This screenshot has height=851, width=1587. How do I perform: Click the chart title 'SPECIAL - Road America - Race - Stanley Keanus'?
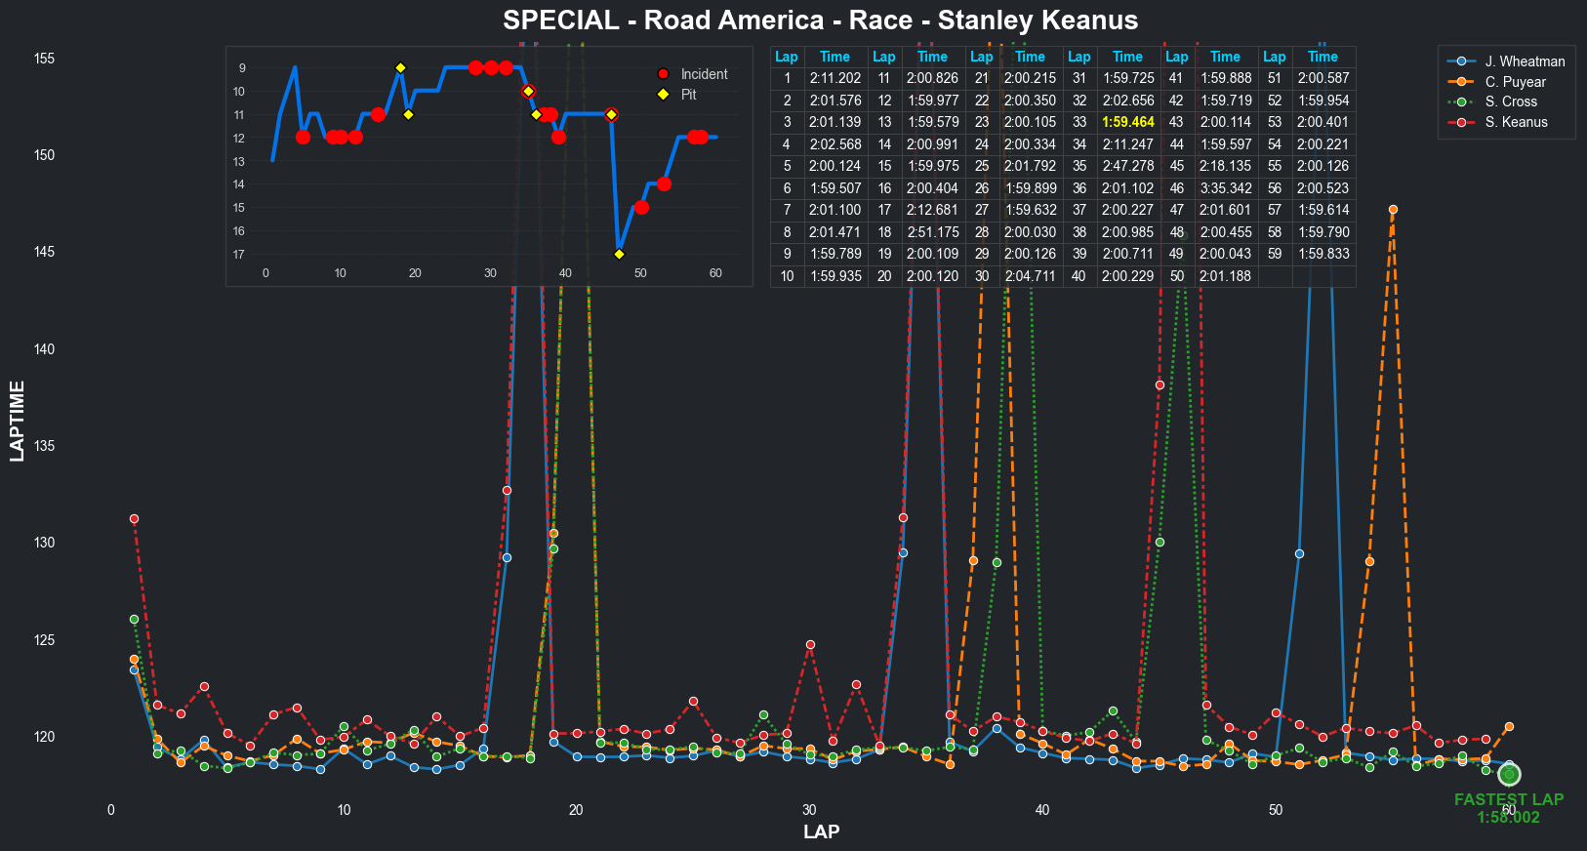point(820,20)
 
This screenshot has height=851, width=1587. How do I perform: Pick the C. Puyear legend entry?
point(1515,82)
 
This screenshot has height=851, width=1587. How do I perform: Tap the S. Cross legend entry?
point(1511,101)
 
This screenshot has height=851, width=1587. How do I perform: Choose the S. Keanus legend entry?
point(1516,122)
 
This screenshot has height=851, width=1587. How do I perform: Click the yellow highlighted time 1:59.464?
point(1127,122)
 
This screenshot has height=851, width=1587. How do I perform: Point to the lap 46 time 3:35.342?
point(1225,188)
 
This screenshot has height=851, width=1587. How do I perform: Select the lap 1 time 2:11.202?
point(834,78)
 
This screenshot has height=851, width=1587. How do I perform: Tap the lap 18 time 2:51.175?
point(932,232)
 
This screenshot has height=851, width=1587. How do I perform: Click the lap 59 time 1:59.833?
point(1322,254)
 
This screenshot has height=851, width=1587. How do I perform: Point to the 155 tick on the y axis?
point(44,59)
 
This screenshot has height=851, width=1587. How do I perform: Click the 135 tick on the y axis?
point(44,446)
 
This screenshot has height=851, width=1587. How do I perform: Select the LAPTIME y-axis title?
point(17,421)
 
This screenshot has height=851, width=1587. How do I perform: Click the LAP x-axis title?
point(821,831)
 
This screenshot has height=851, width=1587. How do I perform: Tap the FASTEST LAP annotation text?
point(1508,799)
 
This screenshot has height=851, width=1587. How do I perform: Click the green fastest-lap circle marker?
point(1509,775)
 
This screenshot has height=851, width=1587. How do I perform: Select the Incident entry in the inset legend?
point(703,74)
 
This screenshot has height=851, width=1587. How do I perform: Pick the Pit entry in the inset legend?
point(688,95)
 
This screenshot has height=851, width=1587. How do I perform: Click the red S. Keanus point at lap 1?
point(134,519)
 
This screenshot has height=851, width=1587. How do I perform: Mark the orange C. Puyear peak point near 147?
point(1393,210)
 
